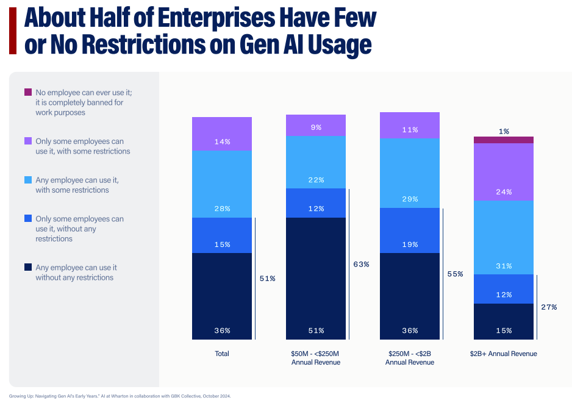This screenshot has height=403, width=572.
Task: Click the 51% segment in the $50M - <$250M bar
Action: (x=316, y=278)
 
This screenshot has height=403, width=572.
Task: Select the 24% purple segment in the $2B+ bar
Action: (x=504, y=172)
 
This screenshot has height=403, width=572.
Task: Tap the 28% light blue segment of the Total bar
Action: (x=222, y=184)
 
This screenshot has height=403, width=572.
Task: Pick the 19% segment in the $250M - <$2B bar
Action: (x=410, y=230)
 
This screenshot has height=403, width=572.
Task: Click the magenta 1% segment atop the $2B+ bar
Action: (x=504, y=140)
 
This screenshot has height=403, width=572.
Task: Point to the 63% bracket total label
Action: (x=361, y=265)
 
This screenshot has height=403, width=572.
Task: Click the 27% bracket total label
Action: (x=549, y=307)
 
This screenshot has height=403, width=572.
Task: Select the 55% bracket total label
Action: (x=455, y=274)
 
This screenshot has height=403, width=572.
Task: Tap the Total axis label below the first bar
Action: (x=222, y=354)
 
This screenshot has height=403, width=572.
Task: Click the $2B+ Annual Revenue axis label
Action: (x=504, y=354)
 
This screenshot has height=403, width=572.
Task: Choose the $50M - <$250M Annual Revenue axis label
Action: (x=316, y=358)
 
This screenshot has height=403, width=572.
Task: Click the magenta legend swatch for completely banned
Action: (x=28, y=92)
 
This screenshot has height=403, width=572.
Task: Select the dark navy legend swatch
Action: (x=28, y=268)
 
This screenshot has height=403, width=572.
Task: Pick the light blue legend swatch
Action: (x=28, y=180)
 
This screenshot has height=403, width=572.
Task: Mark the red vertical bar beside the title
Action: (x=12, y=31)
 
